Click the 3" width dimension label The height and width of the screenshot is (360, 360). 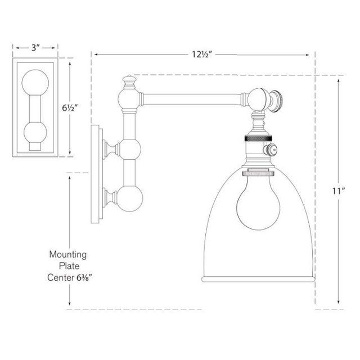click(x=35, y=48)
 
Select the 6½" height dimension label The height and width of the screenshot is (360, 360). click(x=69, y=107)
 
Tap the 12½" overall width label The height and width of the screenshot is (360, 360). click(x=201, y=55)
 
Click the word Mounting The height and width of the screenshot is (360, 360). click(x=68, y=255)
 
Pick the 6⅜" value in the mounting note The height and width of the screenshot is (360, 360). click(x=84, y=278)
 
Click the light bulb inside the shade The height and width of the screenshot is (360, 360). click(x=258, y=205)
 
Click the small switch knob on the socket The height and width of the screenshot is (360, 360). click(x=271, y=150)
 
